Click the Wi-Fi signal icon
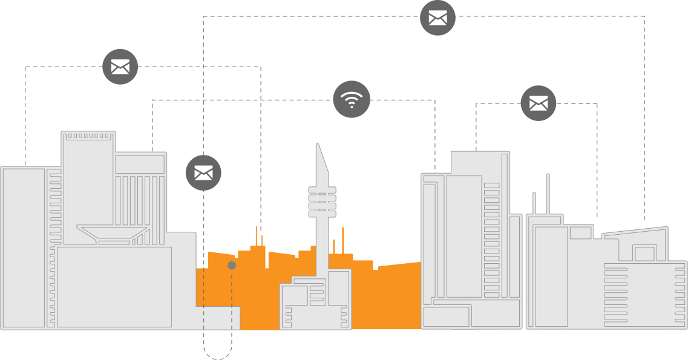click(352, 99)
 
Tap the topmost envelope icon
click(437, 18)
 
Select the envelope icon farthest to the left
click(120, 67)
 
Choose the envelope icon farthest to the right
click(538, 103)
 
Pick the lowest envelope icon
click(203, 173)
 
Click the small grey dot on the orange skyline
click(232, 266)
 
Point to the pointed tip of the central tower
click(317, 146)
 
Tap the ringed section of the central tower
click(321, 201)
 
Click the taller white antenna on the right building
click(548, 194)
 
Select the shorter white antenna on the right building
click(534, 203)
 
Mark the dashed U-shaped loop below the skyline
click(218, 351)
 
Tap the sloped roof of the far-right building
click(635, 234)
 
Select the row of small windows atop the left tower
click(88, 136)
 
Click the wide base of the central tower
click(315, 299)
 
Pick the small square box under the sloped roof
click(644, 254)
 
